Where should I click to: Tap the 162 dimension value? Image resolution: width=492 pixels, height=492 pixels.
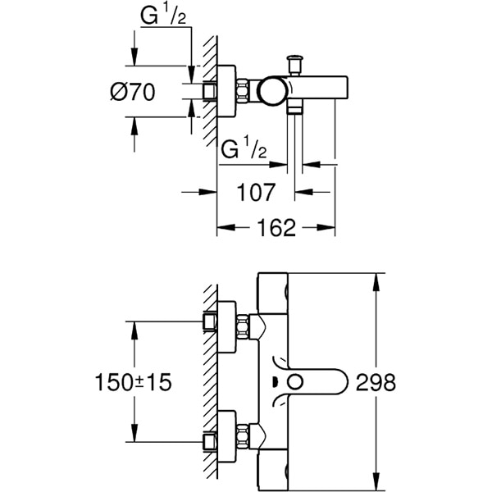click(276, 227)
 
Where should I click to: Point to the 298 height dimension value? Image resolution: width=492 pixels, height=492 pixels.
click(376, 381)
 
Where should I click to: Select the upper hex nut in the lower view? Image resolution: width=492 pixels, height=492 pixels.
click(243, 328)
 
